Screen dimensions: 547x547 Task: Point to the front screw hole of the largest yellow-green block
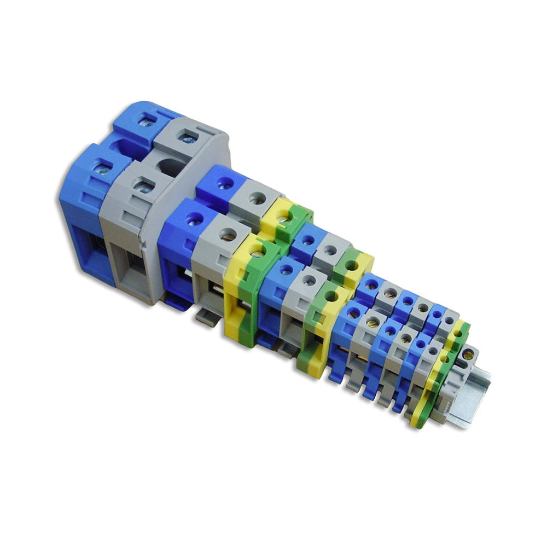coord(255,251)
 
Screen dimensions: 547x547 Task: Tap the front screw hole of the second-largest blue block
coord(194,219)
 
